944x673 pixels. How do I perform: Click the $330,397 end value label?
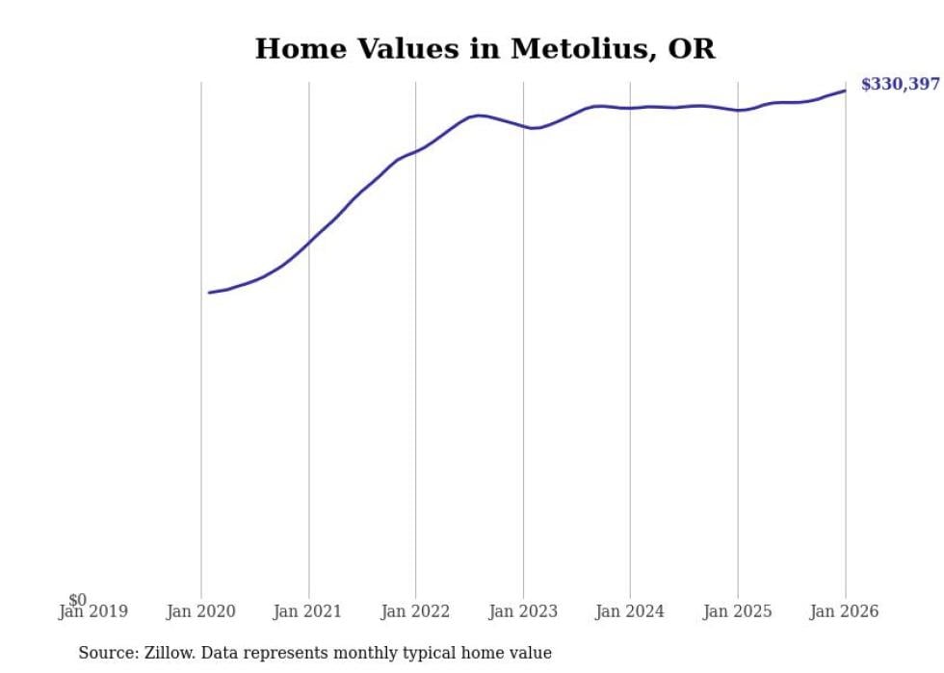pos(900,85)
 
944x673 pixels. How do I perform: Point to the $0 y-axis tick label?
pos(77,601)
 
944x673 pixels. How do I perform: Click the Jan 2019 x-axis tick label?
pos(92,611)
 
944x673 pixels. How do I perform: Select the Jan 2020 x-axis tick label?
pos(201,611)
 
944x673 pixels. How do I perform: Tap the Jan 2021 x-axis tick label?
pos(308,611)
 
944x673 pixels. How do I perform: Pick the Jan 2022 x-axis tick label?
pos(415,611)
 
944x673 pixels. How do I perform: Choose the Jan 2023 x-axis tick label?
pos(523,611)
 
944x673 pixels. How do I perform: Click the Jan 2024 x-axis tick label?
pos(630,611)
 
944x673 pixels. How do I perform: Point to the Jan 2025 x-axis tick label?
pos(738,611)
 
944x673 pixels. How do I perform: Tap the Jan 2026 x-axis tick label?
pos(845,611)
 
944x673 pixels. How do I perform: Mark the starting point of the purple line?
pos(209,293)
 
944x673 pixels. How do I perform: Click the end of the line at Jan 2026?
pos(845,91)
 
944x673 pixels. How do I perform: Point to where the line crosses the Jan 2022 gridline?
pos(415,150)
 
